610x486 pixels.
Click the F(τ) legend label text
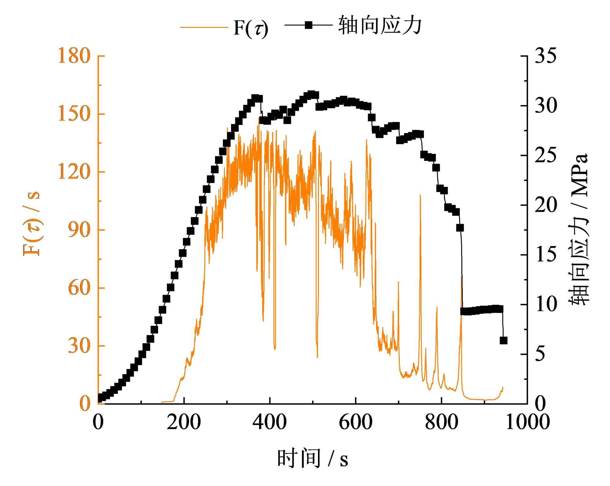[x=251, y=28]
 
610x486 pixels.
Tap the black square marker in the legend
[x=309, y=25]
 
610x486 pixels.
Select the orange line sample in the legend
[x=204, y=27]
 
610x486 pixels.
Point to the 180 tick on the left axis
[x=74, y=56]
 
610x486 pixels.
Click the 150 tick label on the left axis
[x=74, y=114]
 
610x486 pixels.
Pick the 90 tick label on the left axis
[x=79, y=230]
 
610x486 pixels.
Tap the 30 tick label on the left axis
[x=79, y=346]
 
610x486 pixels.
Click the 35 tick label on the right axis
[x=546, y=56]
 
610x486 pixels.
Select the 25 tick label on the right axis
[x=546, y=155]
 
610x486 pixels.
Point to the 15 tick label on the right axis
[x=546, y=255]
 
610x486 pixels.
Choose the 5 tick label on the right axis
[x=540, y=354]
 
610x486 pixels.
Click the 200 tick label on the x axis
[x=184, y=422]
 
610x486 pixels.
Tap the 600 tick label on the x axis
[x=356, y=422]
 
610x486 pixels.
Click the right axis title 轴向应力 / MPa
[x=578, y=229]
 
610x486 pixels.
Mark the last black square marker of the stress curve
[x=504, y=340]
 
